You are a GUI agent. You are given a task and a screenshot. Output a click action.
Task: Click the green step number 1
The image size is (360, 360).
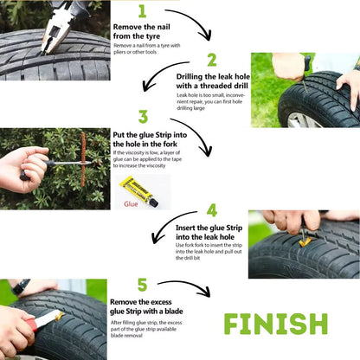142,11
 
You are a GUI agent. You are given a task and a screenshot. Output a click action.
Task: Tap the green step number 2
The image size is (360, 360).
212,60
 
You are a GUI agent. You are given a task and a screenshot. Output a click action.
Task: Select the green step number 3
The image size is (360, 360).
143,117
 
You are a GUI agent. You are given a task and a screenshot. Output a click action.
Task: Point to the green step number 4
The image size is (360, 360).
212,210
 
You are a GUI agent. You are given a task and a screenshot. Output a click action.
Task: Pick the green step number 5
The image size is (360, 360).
142,285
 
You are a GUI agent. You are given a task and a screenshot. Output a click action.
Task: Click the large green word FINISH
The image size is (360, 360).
276,324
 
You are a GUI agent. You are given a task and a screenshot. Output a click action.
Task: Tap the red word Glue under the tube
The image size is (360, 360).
131,204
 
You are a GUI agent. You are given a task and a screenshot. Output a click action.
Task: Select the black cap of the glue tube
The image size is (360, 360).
153,202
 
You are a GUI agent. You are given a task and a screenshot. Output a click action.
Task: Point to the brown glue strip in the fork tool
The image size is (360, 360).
83,159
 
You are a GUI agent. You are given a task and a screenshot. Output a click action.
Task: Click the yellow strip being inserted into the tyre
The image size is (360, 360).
305,241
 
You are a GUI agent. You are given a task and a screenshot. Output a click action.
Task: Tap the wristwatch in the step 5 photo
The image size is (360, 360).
21,286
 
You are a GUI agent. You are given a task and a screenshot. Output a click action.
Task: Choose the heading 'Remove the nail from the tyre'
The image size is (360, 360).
141,31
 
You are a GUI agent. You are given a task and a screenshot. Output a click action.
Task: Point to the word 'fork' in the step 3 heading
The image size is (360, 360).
170,144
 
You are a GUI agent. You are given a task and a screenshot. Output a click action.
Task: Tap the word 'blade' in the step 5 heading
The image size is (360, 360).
174,312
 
